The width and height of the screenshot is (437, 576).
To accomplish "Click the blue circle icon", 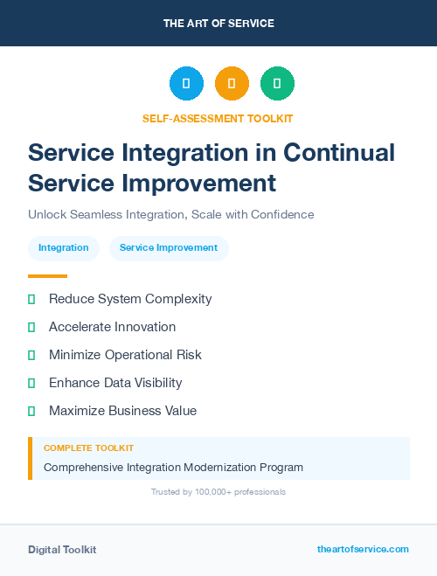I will (x=186, y=84).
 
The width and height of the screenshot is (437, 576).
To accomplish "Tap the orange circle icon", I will (x=232, y=84).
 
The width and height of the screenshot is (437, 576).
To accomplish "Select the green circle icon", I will (x=277, y=84).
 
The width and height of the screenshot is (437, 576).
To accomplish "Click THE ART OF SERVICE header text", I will (x=218, y=24).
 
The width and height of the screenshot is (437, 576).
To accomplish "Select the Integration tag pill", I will (x=64, y=248).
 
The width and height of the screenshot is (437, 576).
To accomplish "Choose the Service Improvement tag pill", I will (x=169, y=248).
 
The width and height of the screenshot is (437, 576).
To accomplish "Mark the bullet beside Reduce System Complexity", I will (x=31, y=299).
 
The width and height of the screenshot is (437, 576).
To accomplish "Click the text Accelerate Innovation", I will (x=112, y=327).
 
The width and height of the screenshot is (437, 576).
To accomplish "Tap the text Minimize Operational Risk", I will (x=125, y=355).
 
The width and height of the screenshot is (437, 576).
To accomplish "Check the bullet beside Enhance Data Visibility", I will (x=31, y=383).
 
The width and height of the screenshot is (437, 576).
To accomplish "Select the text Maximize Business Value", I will (x=122, y=411).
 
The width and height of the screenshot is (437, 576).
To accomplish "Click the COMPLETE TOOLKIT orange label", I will (x=88, y=448).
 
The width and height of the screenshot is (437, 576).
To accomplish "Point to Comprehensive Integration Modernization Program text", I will (x=173, y=468).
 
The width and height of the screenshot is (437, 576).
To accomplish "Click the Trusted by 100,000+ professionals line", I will (x=218, y=492).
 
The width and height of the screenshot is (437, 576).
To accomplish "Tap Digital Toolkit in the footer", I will (x=62, y=550).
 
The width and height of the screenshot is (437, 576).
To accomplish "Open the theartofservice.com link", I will (x=363, y=549).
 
